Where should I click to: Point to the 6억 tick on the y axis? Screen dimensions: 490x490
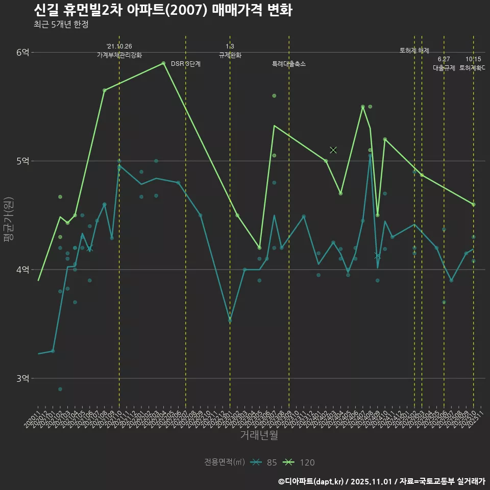point(23,53)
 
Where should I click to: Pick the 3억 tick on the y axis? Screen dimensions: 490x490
point(23,379)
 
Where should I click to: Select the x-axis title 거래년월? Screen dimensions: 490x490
point(259,435)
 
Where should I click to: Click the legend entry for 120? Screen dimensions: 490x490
point(301,462)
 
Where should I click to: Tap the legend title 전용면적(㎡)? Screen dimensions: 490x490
point(225,462)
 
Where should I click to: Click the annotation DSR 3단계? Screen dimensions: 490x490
point(186,64)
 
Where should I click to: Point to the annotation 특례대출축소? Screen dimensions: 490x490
point(289,64)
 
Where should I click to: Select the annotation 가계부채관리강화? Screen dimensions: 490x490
point(119,55)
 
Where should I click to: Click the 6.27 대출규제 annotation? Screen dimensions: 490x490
point(444,63)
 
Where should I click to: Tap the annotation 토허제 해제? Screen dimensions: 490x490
point(414,51)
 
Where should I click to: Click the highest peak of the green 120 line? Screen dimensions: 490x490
point(163,63)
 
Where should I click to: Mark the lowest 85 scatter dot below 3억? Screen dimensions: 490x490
point(60,389)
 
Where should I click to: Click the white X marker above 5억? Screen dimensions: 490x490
point(333,150)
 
